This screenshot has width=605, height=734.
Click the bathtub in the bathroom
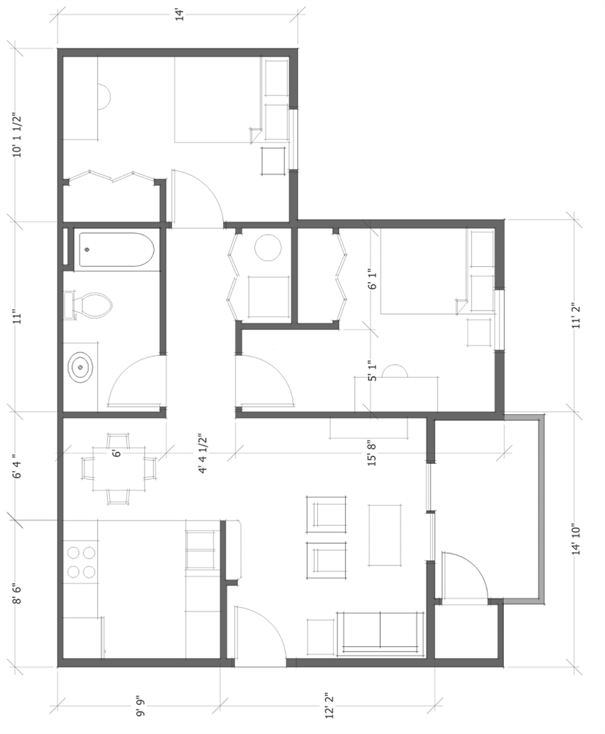click(116, 250)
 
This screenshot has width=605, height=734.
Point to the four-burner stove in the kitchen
click(81, 562)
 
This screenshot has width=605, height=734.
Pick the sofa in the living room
click(380, 634)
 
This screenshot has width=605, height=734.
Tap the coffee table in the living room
click(384, 535)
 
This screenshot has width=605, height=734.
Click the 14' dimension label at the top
click(179, 15)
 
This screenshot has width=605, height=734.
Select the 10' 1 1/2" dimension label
click(17, 134)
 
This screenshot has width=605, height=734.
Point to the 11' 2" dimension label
click(576, 316)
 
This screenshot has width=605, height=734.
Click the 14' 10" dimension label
click(576, 539)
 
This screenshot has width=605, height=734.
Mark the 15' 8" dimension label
click(372, 453)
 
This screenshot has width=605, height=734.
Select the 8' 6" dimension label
click(17, 593)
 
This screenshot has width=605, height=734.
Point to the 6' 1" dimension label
click(373, 279)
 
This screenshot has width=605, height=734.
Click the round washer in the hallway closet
click(268, 248)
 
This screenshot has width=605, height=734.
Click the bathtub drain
click(87, 250)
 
